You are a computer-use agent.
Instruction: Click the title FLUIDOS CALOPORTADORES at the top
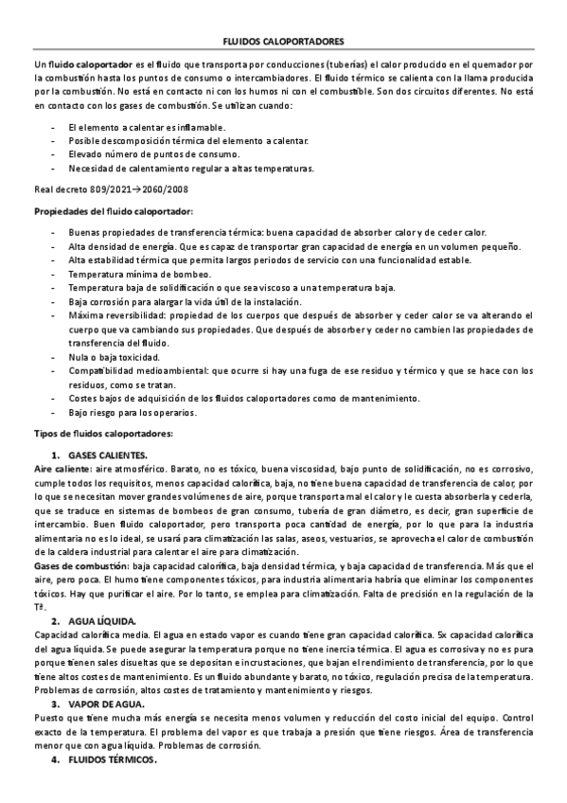pos(283,43)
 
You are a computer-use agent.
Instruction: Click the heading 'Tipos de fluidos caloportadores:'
pos(103,433)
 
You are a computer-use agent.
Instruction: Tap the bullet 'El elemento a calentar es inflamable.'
pos(147,127)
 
